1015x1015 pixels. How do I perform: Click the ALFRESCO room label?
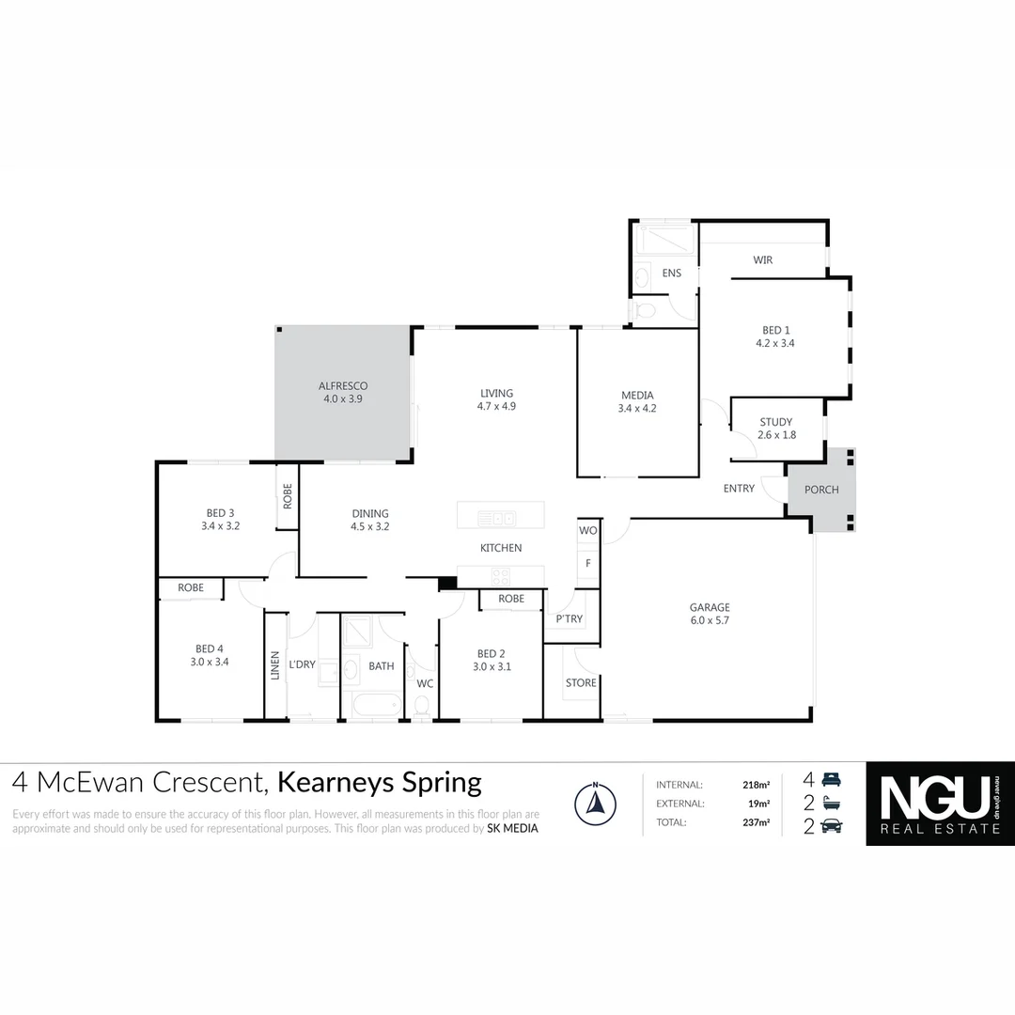coord(342,386)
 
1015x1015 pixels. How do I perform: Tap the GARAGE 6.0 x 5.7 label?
coord(710,614)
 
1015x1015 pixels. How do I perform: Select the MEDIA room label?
coord(636,396)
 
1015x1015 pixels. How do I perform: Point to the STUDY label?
coord(775,422)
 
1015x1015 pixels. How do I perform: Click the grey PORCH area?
coord(820,490)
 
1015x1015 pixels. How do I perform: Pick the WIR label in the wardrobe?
coord(762,260)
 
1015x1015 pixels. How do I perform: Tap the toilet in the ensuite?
coord(644,310)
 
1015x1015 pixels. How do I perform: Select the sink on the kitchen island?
coord(495,518)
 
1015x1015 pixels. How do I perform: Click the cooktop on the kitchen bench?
coord(499,577)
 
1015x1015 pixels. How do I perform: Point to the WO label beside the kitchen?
coord(587,531)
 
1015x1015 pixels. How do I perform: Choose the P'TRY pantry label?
coord(569,619)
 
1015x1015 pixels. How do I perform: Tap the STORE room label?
coord(581,682)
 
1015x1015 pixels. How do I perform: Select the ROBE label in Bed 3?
coord(288,495)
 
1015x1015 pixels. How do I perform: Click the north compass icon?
coord(594,804)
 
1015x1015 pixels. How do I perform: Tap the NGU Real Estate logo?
coord(940,804)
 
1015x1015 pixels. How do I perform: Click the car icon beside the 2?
coord(833,826)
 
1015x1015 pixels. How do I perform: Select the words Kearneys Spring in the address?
coord(380,782)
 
